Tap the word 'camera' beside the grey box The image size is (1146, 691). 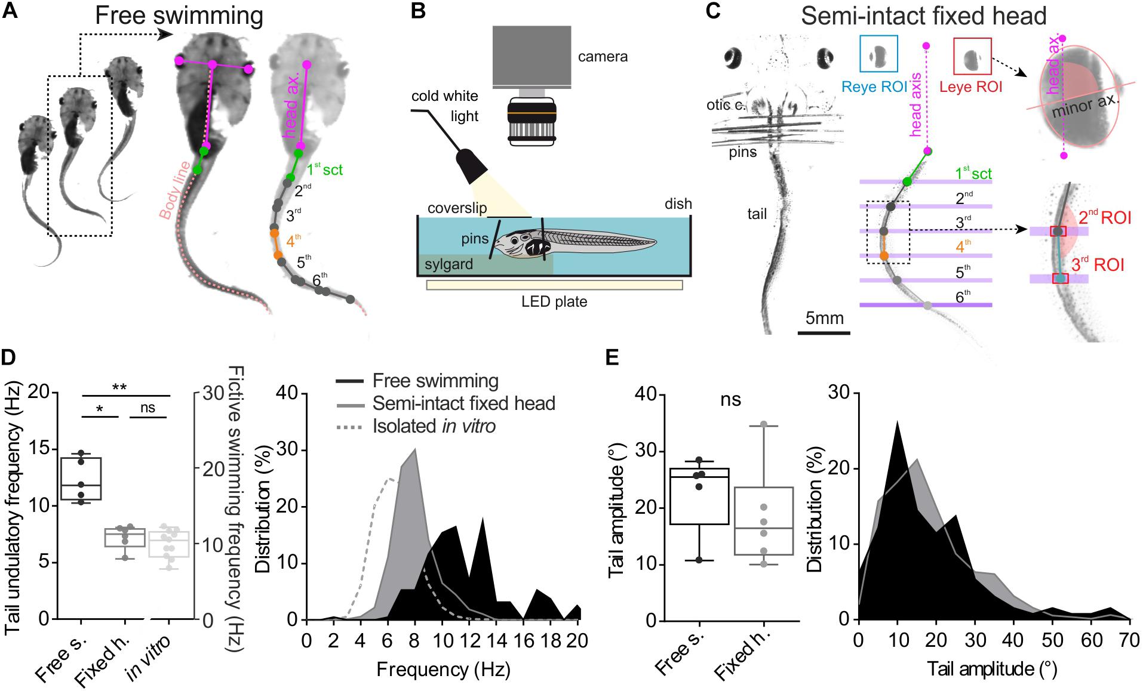pos(603,57)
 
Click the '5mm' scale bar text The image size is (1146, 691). pos(824,318)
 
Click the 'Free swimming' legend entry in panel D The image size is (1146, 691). pos(435,381)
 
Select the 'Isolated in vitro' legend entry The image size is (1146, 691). pos(434,426)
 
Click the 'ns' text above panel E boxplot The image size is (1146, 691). pos(730,399)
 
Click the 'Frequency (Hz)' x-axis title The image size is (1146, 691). pos(443,669)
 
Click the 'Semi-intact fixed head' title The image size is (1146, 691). pos(923,16)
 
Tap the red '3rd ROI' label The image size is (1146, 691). pos(1098,265)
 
